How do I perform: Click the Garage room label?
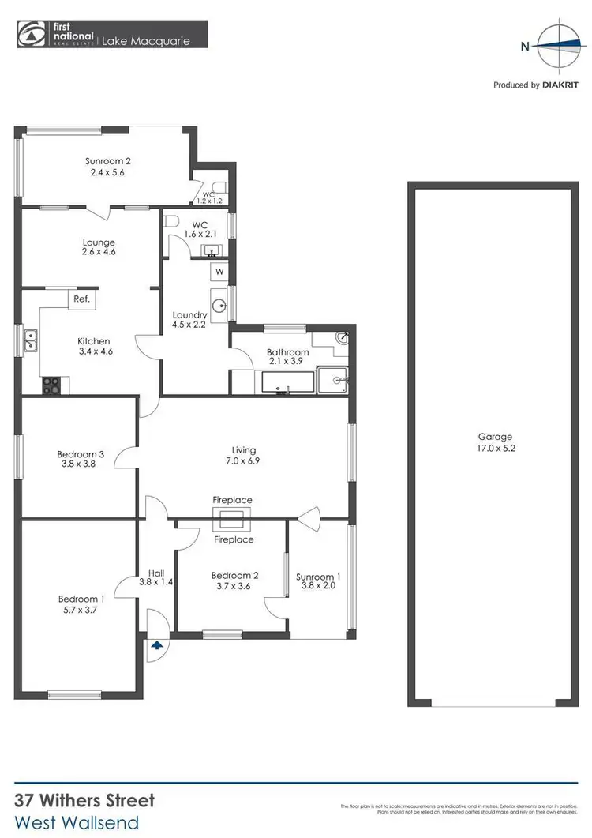click(x=495, y=437)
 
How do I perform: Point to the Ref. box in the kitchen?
click(x=81, y=299)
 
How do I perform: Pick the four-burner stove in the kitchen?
click(x=51, y=385)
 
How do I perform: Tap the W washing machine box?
click(x=219, y=272)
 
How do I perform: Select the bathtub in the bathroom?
click(x=288, y=385)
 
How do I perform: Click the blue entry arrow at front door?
click(x=156, y=644)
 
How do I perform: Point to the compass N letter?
click(x=524, y=46)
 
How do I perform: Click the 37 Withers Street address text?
click(x=85, y=801)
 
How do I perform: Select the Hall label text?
click(x=155, y=574)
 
